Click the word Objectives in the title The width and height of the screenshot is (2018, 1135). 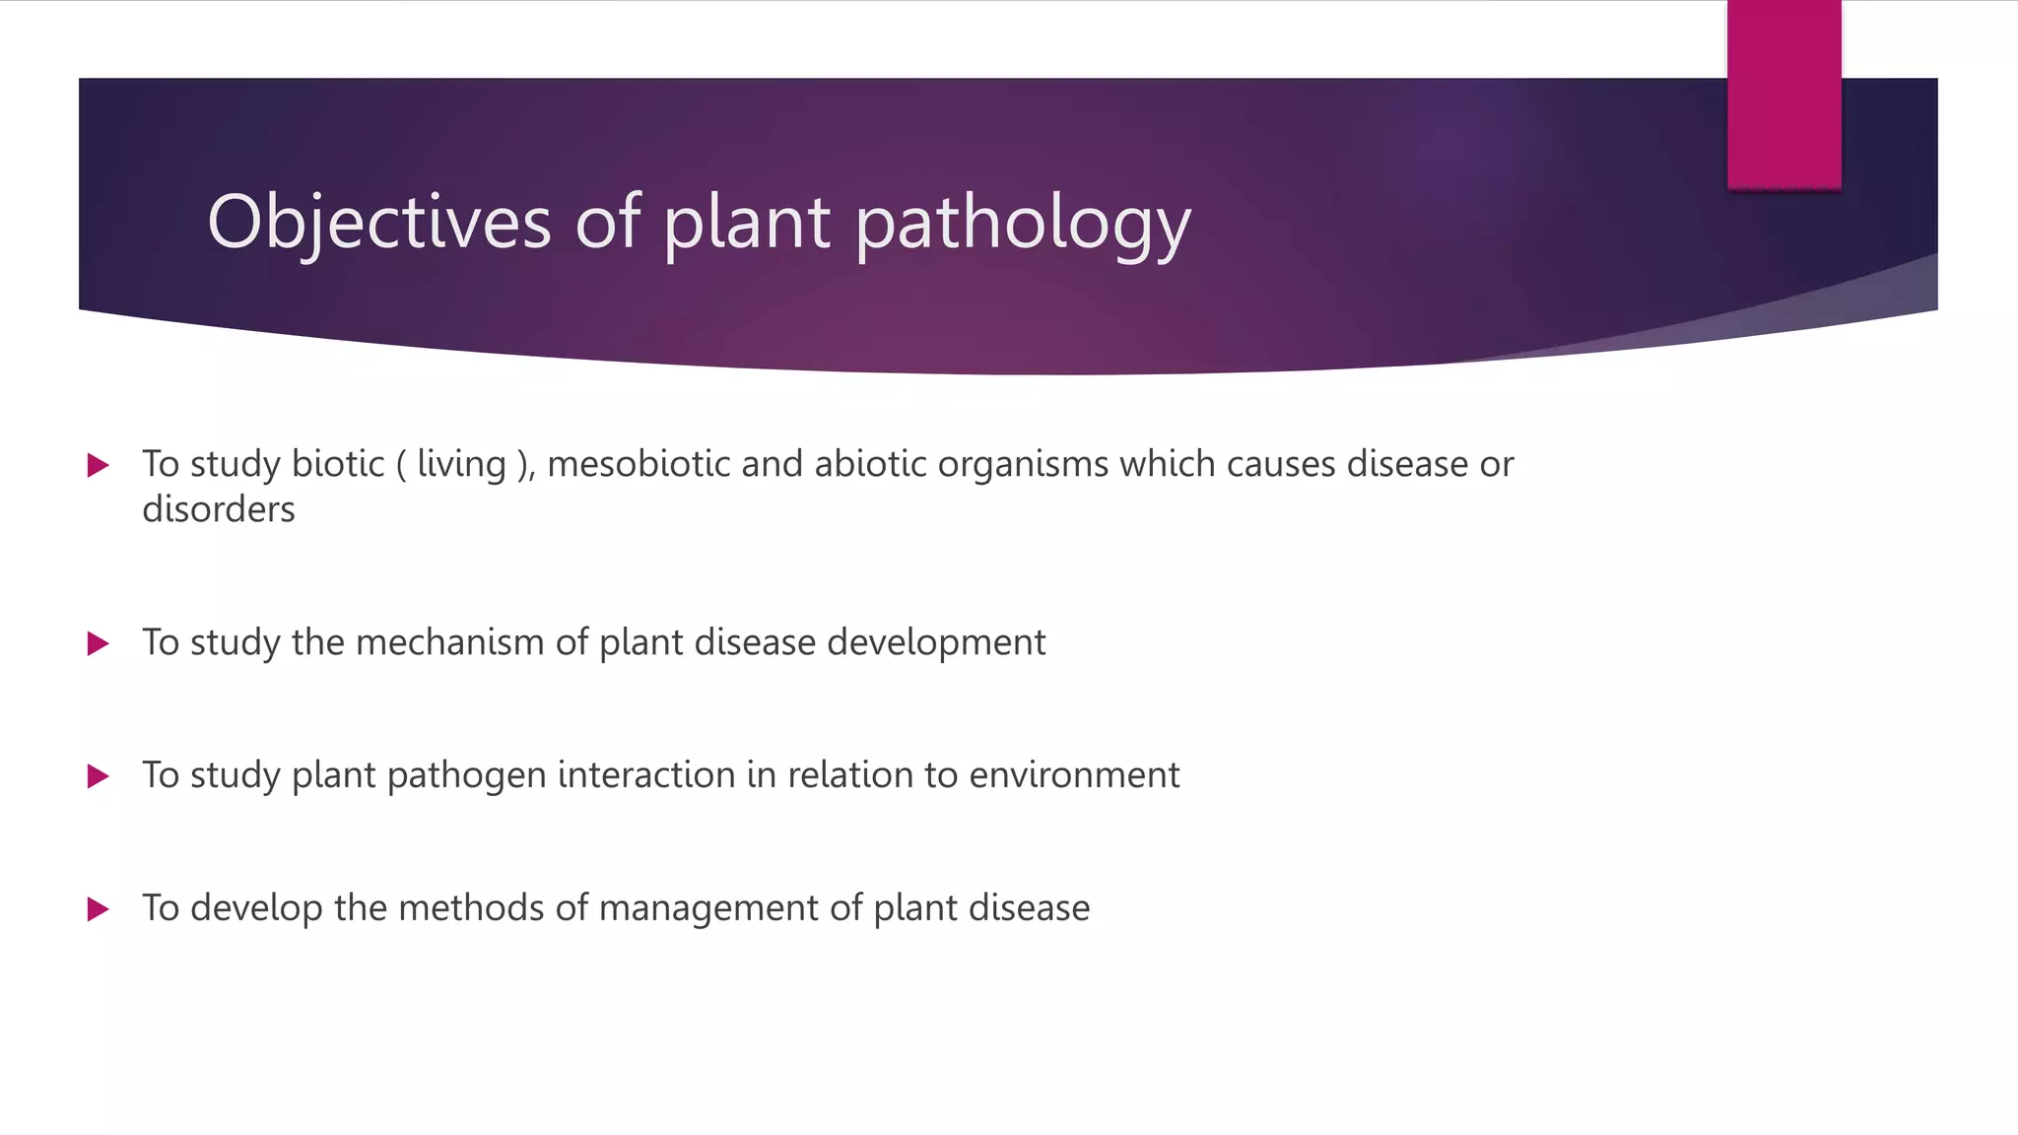tap(378, 223)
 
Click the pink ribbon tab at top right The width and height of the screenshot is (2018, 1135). tap(1783, 95)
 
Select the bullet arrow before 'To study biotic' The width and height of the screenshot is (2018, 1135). tap(98, 465)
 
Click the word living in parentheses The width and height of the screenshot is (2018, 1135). tap(461, 464)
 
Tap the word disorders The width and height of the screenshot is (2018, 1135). tap(218, 509)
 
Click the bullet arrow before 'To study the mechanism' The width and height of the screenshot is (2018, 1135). tap(98, 644)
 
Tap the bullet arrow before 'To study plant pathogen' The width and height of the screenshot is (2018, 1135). tap(98, 776)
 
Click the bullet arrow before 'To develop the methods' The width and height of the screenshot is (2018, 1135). tap(98, 908)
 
